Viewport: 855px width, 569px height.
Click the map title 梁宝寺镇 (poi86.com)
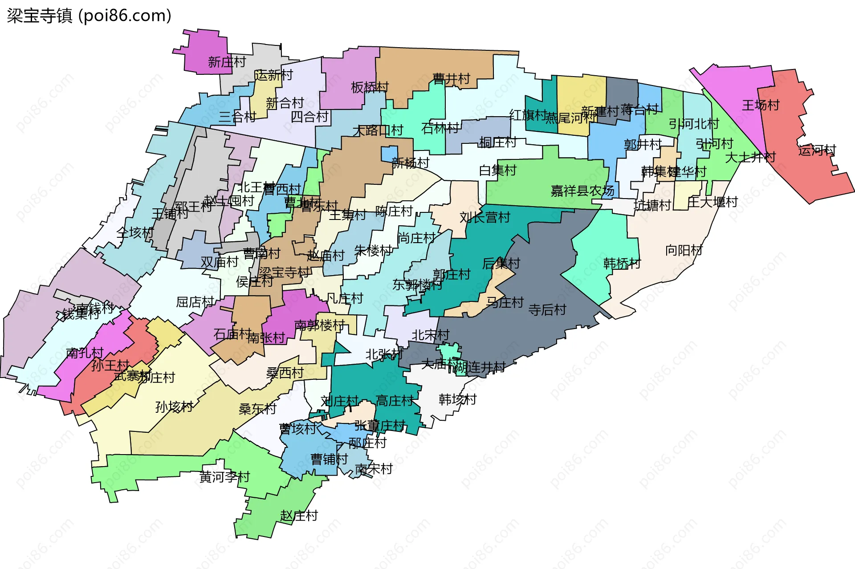(89, 16)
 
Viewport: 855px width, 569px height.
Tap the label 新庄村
(227, 62)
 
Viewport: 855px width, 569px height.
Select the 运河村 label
(817, 150)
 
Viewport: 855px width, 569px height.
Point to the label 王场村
(761, 106)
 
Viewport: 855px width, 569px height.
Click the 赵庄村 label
(299, 516)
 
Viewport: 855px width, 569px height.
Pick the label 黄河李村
(224, 477)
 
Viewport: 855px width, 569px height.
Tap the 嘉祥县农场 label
(582, 191)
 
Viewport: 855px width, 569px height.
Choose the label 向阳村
(684, 251)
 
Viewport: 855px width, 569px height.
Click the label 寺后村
(547, 310)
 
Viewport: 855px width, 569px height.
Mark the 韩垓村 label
(457, 399)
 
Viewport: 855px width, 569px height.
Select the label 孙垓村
(174, 407)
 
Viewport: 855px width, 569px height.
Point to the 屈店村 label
(195, 302)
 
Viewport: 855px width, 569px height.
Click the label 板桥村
(370, 87)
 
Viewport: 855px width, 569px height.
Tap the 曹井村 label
(451, 79)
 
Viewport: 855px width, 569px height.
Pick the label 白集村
(497, 170)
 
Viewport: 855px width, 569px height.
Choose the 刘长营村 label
(485, 217)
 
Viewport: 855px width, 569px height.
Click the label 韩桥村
(622, 264)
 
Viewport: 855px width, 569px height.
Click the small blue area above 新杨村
(389, 154)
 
